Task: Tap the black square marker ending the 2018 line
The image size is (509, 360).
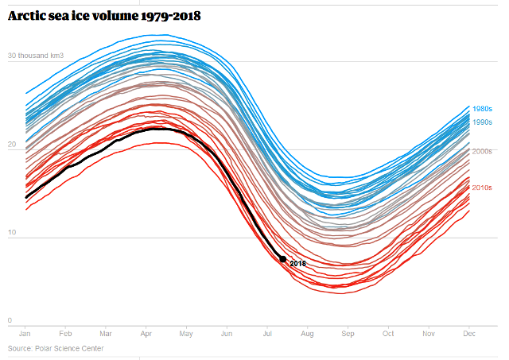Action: coord(282,259)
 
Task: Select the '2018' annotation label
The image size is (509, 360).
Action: coord(298,263)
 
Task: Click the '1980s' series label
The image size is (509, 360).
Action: coord(482,109)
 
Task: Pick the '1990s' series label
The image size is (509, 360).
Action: coord(482,122)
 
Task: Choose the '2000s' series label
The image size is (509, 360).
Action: coord(482,151)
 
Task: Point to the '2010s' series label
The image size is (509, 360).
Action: coord(482,188)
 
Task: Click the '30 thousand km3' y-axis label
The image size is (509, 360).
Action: coord(36,56)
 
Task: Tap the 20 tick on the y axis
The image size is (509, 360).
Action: coord(12,144)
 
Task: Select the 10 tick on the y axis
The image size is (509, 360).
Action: coord(12,232)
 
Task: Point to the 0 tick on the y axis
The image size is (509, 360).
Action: coord(10,320)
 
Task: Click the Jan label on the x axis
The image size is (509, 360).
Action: coord(25,334)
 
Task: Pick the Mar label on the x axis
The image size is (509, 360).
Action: coord(106,334)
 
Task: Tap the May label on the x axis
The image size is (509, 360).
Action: coord(186,334)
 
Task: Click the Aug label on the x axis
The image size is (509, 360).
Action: coord(307,334)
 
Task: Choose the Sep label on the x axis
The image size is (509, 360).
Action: coord(348,334)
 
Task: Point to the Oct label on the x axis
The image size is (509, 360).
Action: coord(387,334)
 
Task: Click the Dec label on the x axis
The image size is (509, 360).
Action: coord(468,334)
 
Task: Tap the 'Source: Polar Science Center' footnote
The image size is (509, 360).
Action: coord(56,349)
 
